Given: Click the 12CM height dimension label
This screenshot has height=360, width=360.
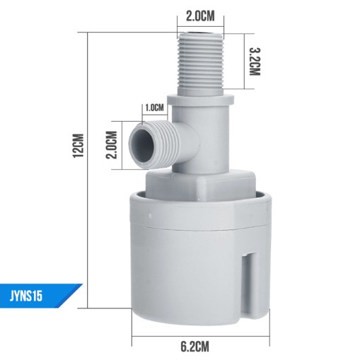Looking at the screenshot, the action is click(78, 146).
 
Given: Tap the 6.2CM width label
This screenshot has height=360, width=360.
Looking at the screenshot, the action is click(194, 347).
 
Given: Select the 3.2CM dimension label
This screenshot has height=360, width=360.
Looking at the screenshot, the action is click(255, 62).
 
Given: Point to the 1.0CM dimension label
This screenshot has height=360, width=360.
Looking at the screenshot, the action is click(154, 108).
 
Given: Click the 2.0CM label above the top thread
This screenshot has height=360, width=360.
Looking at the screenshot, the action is click(200, 16).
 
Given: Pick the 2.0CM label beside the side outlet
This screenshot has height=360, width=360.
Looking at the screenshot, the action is click(112, 145).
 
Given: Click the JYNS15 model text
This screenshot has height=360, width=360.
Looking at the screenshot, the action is click(26, 296).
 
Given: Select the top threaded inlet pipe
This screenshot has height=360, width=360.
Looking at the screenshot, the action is click(200, 64).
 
